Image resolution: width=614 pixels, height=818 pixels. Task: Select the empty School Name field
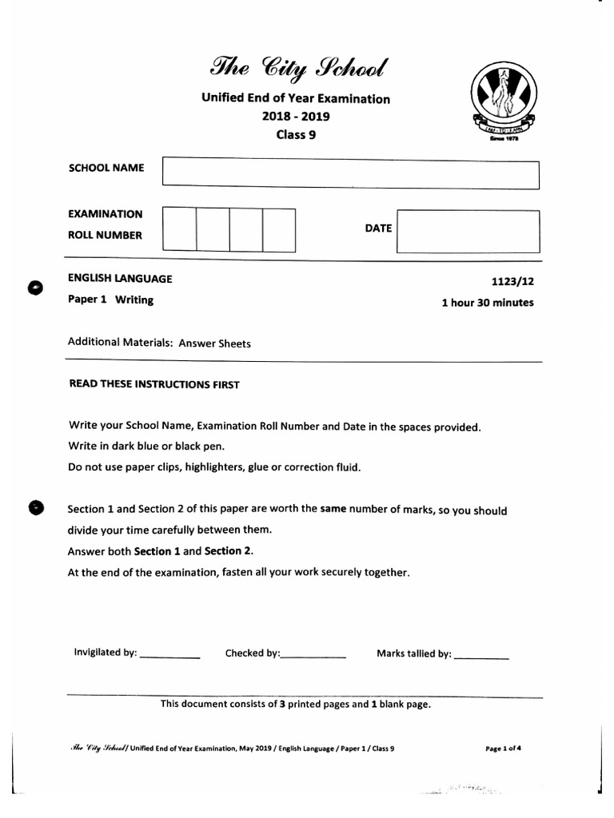[x=350, y=174]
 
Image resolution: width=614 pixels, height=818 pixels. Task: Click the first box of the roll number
[x=179, y=229]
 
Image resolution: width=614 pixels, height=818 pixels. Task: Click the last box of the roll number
[x=279, y=229]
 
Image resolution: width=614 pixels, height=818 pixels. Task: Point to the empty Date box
[x=468, y=231]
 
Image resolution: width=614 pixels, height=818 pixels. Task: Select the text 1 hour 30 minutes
[x=487, y=303]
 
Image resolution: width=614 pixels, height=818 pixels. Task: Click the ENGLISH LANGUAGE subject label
[x=120, y=279]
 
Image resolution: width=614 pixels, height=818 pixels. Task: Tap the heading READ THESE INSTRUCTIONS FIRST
[x=154, y=384]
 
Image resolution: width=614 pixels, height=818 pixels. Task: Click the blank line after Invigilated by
[x=169, y=656]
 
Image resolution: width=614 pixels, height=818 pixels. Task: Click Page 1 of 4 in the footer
[x=503, y=749]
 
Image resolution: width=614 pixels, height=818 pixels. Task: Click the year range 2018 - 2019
[x=296, y=117]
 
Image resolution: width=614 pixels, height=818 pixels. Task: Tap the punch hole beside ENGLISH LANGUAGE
[x=35, y=288]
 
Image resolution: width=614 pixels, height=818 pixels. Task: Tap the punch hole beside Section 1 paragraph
[x=35, y=508]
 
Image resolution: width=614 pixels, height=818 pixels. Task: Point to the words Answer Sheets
[x=214, y=343]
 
